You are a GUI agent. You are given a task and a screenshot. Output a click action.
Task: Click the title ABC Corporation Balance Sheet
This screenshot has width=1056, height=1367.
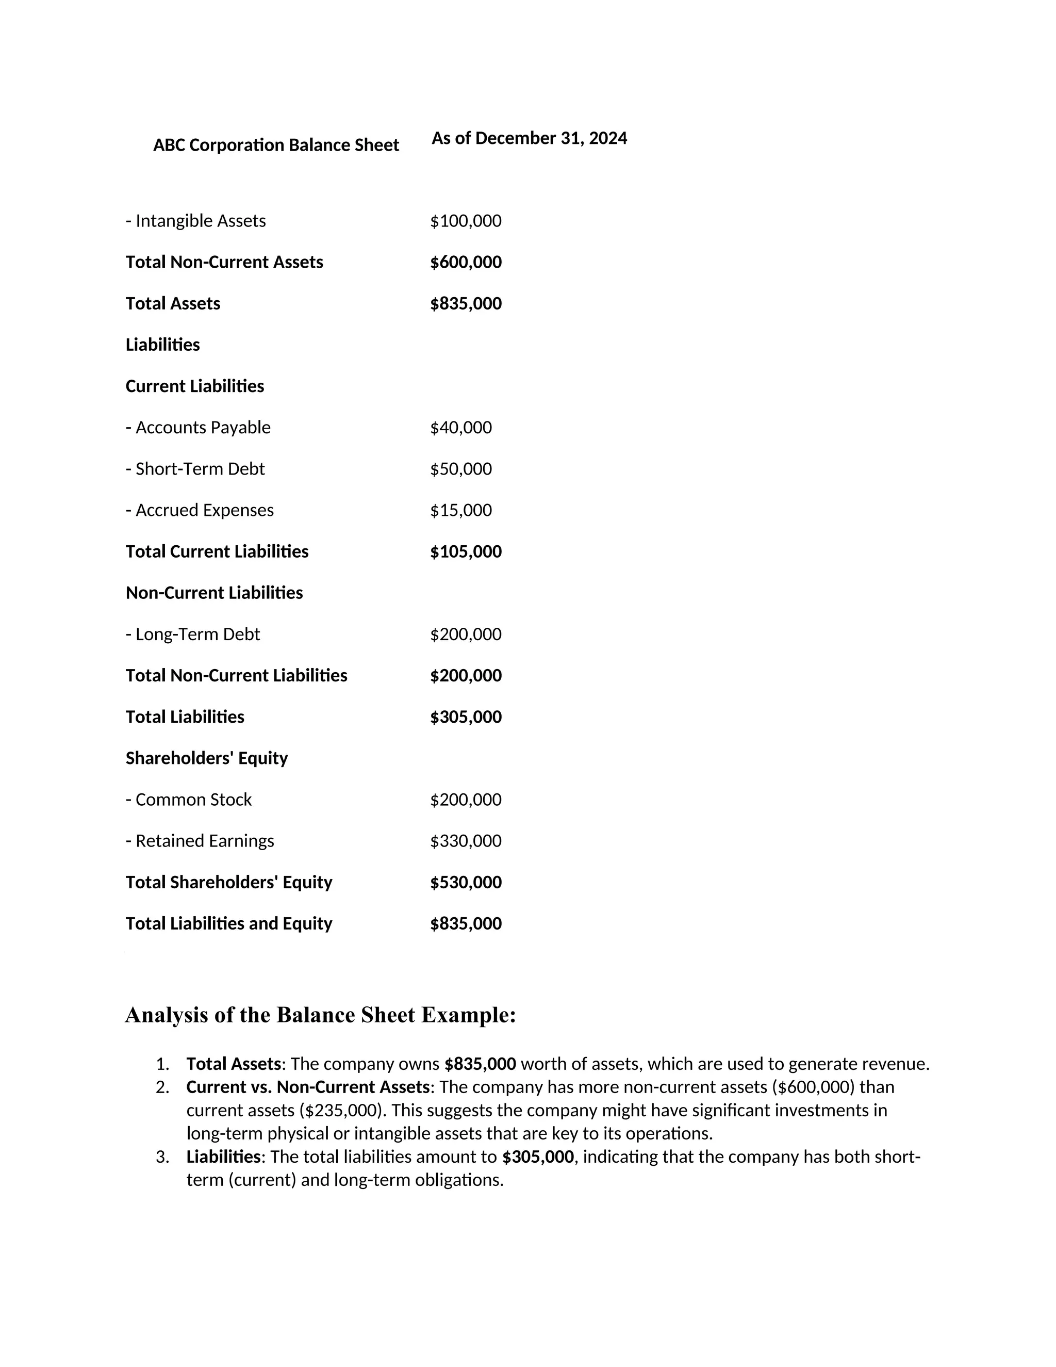[x=276, y=145]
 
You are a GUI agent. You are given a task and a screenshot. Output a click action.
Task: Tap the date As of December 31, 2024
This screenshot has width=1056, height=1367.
[x=529, y=138]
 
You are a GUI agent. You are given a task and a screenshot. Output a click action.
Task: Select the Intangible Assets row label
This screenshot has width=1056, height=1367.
[x=196, y=221]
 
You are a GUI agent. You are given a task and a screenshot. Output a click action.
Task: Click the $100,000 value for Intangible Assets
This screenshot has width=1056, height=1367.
[x=466, y=221]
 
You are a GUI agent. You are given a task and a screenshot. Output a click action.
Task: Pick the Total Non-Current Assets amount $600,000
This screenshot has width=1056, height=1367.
[x=466, y=262]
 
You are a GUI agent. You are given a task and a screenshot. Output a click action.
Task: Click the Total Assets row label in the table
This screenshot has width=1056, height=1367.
[x=173, y=303]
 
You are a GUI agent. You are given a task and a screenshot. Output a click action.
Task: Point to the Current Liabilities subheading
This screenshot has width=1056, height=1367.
[x=194, y=386]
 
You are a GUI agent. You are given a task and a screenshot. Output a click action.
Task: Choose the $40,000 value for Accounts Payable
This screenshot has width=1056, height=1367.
[x=460, y=428]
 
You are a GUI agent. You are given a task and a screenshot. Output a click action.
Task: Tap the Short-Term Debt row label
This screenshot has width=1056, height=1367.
[x=195, y=469]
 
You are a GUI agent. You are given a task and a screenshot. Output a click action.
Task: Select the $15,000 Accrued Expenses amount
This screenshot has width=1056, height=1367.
[x=460, y=510]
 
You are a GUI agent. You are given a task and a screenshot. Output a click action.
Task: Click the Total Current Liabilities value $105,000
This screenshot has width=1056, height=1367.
[x=466, y=551]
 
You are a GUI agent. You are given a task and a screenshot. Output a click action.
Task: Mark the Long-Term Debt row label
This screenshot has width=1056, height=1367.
[x=193, y=634]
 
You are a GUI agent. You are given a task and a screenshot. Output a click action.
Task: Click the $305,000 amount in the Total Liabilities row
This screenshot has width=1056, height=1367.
[x=466, y=717]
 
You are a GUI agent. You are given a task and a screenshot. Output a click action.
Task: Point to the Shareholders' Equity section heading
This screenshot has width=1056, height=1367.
[x=206, y=758]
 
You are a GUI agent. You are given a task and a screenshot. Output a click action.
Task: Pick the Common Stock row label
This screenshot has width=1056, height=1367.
[x=188, y=799]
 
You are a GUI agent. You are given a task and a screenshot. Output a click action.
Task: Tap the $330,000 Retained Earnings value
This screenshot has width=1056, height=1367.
[x=466, y=841]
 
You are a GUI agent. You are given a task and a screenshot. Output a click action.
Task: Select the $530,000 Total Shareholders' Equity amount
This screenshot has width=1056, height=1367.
[x=466, y=882]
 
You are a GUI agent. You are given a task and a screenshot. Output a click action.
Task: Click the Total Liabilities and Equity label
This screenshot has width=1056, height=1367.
[x=228, y=923]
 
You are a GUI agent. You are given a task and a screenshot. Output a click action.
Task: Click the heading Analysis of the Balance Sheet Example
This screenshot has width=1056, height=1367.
[x=320, y=1015]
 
